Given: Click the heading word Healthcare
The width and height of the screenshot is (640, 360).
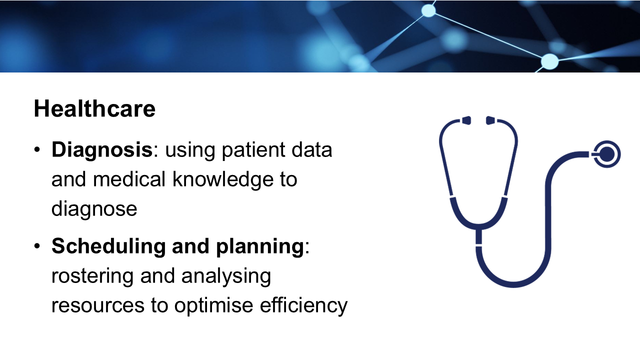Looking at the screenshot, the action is (x=94, y=108).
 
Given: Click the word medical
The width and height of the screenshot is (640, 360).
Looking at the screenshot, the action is (x=129, y=179).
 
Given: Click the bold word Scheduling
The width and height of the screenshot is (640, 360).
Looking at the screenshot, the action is (x=108, y=247).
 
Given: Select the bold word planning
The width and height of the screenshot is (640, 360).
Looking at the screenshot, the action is (x=260, y=247).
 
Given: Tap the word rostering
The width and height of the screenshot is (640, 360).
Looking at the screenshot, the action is (x=92, y=277).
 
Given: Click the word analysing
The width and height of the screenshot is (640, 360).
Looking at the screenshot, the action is (x=226, y=277).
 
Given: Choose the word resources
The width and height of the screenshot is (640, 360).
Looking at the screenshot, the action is (x=98, y=306).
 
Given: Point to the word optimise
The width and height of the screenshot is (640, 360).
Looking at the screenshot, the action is (x=213, y=305).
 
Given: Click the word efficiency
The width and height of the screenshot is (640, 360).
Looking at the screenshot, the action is (x=303, y=305).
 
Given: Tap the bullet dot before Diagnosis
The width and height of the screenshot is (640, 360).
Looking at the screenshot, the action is (x=37, y=150).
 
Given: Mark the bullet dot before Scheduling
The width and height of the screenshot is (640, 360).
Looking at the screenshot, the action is (x=37, y=246).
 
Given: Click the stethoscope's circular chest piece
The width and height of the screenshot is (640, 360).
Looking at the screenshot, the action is (x=607, y=154).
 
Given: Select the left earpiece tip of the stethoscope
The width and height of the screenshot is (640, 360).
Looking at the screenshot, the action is (x=466, y=120).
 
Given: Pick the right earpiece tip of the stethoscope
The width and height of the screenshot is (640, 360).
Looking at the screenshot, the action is (x=490, y=120).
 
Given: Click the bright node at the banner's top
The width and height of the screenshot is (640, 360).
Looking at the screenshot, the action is (x=428, y=11).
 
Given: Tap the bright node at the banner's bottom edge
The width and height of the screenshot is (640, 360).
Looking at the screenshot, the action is (x=549, y=61).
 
